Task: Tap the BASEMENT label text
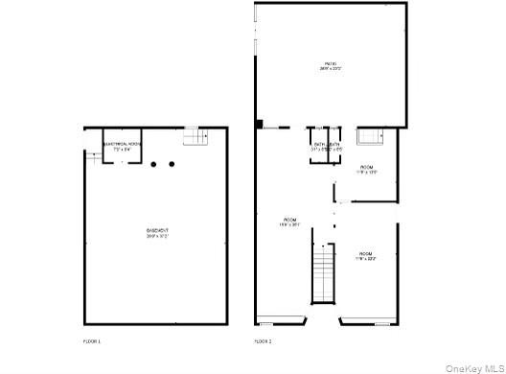[x=157, y=230]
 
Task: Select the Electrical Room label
[x=121, y=144]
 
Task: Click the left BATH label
[x=318, y=144]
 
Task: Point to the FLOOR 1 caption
[x=92, y=341]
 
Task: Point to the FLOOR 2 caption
[x=263, y=341]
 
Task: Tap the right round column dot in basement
[x=172, y=165]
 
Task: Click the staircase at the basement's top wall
[x=195, y=137]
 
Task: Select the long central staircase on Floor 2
[x=324, y=272]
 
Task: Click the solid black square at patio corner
[x=259, y=124]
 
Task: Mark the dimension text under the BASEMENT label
[x=157, y=237]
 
